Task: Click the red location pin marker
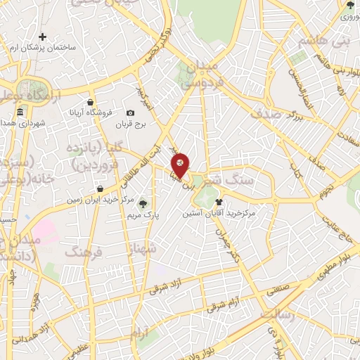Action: [180, 165]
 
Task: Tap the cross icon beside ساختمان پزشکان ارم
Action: [43, 37]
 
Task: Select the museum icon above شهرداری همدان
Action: [20, 113]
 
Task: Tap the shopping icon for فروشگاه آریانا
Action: [91, 103]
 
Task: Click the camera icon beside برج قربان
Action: [130, 113]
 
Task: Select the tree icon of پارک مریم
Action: [143, 203]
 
